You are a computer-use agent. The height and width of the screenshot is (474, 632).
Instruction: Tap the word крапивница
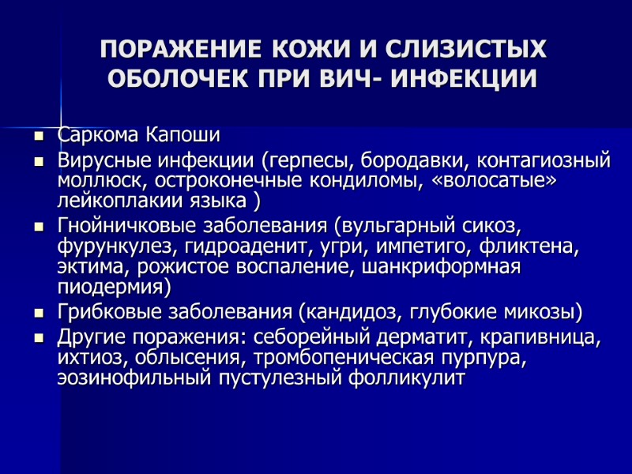coord(542,338)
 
